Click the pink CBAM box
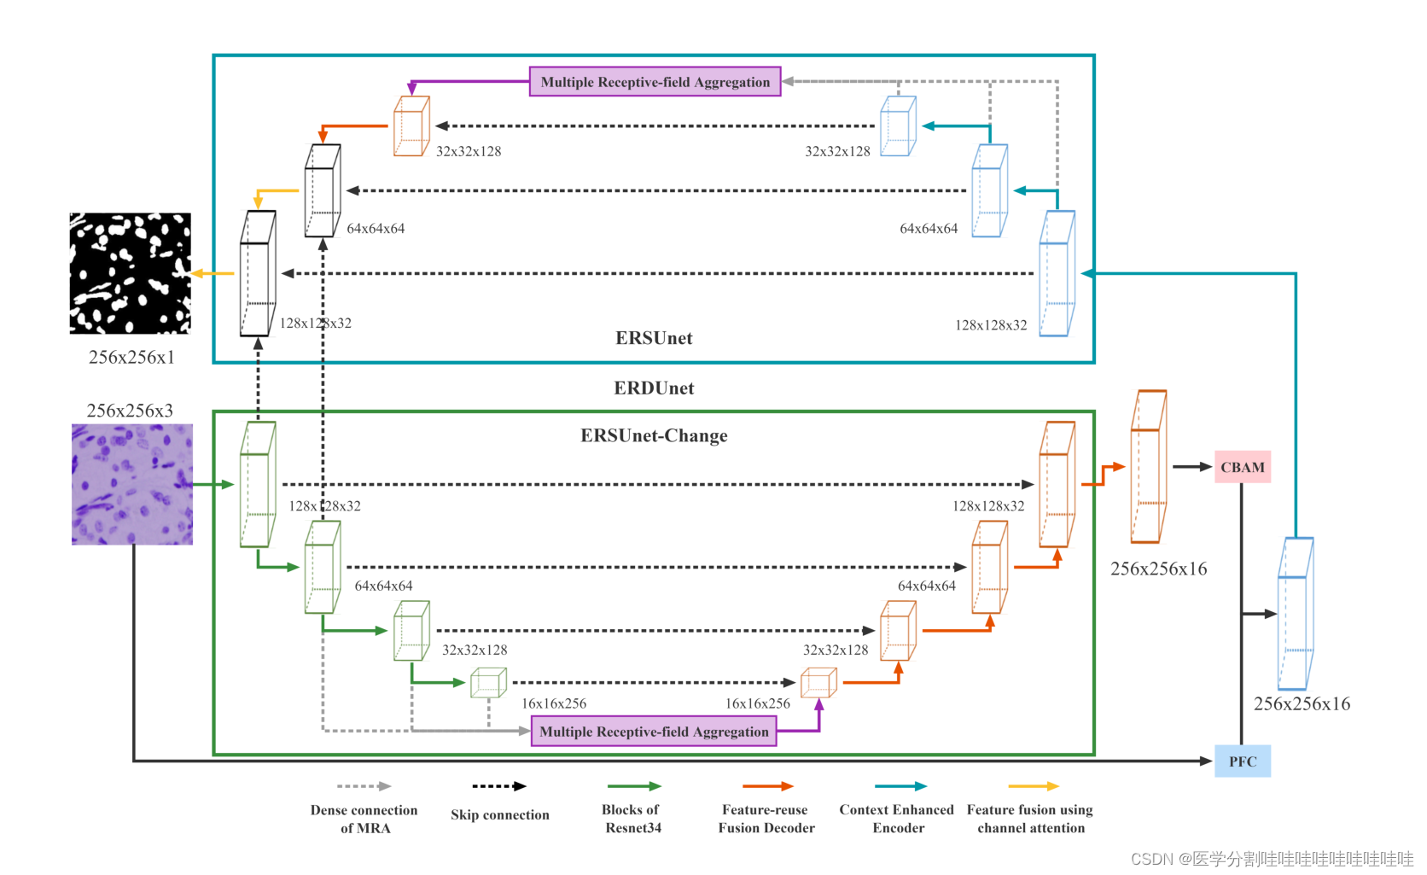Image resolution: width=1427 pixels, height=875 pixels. (x=1242, y=467)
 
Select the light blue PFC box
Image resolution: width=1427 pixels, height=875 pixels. (x=1242, y=761)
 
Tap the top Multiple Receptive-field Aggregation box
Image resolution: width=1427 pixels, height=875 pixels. (x=655, y=82)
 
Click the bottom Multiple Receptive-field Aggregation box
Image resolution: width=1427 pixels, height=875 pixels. (x=654, y=732)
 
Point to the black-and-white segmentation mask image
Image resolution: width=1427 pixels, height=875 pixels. (x=130, y=273)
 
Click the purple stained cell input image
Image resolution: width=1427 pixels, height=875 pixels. (x=132, y=484)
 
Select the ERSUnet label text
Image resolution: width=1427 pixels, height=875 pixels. (x=654, y=338)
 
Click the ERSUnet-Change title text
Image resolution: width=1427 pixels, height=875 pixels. (x=654, y=435)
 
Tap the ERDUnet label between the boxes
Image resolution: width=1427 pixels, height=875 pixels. (x=654, y=388)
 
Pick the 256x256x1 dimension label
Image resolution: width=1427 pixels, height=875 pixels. (x=131, y=357)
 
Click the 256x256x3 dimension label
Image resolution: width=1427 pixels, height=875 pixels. (x=130, y=411)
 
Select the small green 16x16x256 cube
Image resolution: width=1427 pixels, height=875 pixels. (x=488, y=683)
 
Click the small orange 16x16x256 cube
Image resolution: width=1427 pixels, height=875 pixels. (x=818, y=683)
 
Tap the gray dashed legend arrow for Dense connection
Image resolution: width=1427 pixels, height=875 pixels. (x=364, y=786)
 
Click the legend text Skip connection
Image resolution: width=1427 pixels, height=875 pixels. (x=500, y=814)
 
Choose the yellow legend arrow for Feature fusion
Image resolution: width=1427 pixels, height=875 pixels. (x=1033, y=786)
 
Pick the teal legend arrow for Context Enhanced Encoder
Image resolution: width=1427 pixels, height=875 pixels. (x=900, y=786)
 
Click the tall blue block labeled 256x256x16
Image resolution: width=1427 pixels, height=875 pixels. (x=1295, y=614)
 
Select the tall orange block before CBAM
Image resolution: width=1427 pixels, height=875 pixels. (x=1148, y=467)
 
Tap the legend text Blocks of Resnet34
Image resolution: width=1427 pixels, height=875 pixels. (x=632, y=818)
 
